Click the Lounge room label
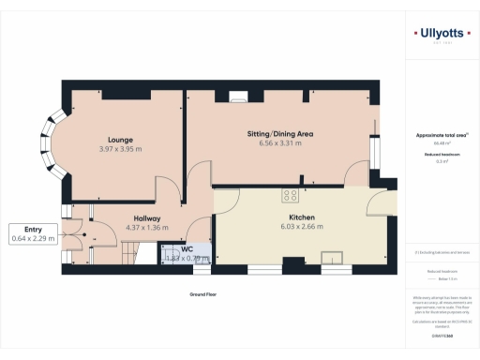(x=119, y=139)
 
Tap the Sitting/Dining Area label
(x=279, y=134)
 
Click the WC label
(x=187, y=248)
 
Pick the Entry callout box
(x=34, y=234)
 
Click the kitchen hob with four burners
(x=291, y=196)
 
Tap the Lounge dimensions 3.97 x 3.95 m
(x=119, y=149)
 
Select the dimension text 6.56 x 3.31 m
(x=279, y=144)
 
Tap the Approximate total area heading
(x=441, y=135)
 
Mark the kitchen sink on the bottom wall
(x=333, y=258)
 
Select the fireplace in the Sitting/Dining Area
(x=234, y=94)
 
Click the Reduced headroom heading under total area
(x=440, y=154)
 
